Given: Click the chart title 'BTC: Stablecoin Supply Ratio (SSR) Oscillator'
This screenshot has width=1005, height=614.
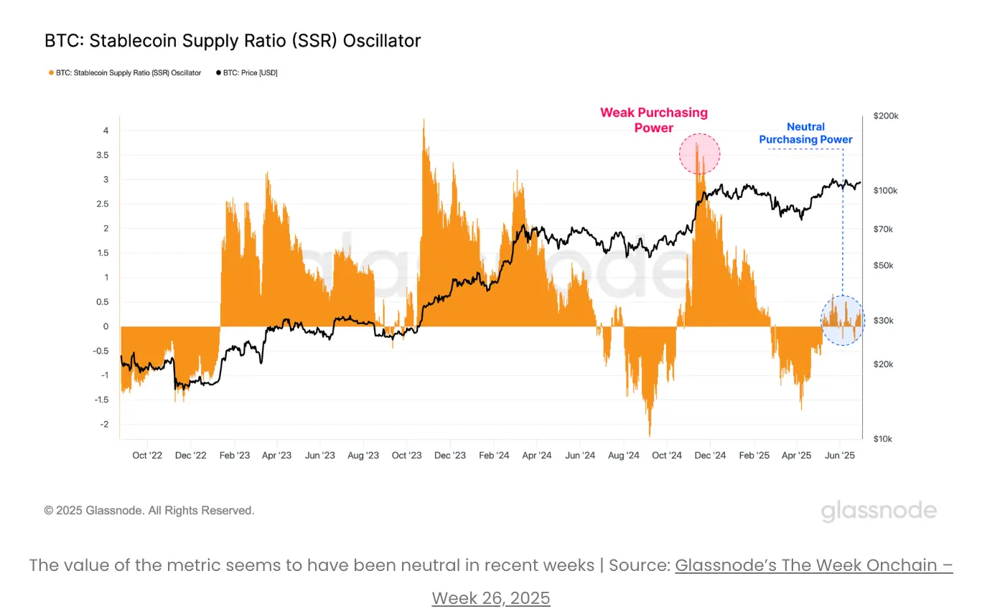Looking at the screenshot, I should coord(233,41).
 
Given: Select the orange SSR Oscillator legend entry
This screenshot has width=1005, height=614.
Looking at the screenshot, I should coord(124,73).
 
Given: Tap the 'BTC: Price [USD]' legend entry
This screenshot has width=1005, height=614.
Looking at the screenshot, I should coord(247,73).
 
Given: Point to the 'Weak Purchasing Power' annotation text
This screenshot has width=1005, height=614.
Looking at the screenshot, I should coord(654,121).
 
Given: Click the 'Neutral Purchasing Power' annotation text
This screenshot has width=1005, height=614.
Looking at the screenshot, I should coord(805,133).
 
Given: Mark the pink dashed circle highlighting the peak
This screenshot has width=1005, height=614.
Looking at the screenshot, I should coord(699,153).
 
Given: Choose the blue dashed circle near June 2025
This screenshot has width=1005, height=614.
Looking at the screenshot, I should coord(843,320).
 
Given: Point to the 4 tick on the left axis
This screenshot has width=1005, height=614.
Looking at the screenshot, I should coord(106,131).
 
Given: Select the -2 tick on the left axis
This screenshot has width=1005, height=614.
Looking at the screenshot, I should coord(104,424).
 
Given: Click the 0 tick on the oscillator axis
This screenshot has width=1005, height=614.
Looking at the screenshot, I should coord(106,326).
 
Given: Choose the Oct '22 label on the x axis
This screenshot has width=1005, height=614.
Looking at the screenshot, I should coord(147,455).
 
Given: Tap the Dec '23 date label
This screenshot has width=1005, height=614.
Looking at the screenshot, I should coord(450,455).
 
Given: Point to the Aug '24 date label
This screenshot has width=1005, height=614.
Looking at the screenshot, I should coord(623,455).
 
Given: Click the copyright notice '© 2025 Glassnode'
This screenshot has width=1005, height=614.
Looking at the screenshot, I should coord(149,511).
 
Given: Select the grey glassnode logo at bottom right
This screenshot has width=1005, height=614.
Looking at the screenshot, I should coord(879,511).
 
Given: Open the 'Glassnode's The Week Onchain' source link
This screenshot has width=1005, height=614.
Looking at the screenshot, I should coord(813,565).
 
